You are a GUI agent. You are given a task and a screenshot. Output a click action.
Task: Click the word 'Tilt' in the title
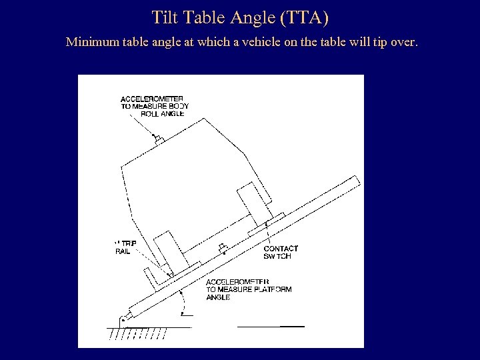(x=165, y=17)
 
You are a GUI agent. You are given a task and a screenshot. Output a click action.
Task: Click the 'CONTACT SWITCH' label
(x=281, y=252)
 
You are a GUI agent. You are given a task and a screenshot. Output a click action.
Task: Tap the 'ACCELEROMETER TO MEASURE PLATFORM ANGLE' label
(x=248, y=289)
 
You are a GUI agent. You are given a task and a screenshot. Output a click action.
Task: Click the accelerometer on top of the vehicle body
(x=159, y=139)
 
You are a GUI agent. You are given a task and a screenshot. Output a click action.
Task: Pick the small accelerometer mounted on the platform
(x=223, y=249)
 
